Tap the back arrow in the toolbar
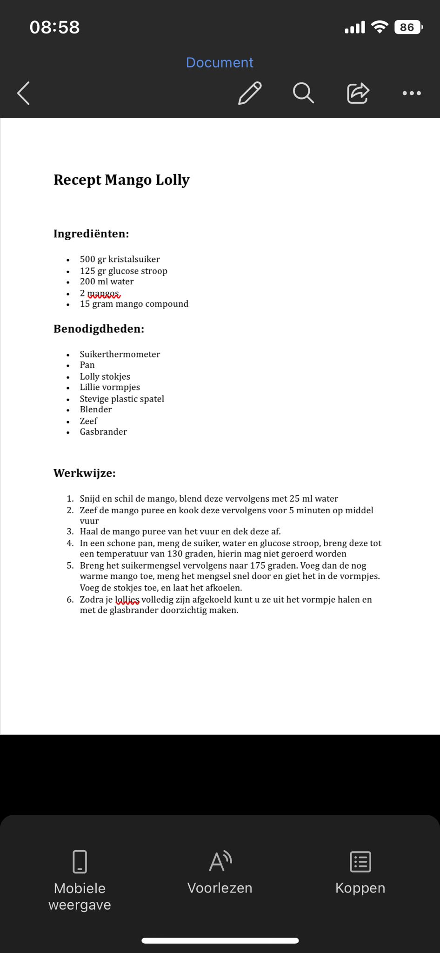click(x=24, y=93)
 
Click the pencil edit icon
click(x=250, y=93)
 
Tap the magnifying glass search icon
click(x=303, y=93)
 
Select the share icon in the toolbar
click(x=358, y=93)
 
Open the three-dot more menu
click(x=412, y=93)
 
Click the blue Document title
click(x=220, y=62)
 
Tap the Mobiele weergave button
click(x=80, y=879)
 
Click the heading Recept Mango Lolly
click(x=121, y=180)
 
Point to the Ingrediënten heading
click(x=91, y=234)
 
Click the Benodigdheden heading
click(x=99, y=329)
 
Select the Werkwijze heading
click(x=85, y=473)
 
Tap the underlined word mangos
click(x=103, y=293)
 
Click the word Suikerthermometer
click(x=120, y=354)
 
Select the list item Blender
click(x=96, y=409)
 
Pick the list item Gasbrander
click(x=103, y=432)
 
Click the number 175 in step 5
click(x=258, y=565)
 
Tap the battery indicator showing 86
click(x=407, y=27)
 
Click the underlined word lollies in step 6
click(x=127, y=599)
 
